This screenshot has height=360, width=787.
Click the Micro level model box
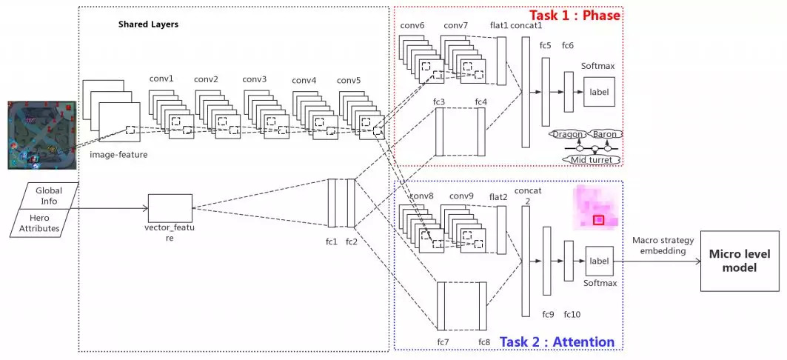point(740,260)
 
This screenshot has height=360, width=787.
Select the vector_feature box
point(170,209)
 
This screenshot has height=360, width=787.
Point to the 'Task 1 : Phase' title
point(574,15)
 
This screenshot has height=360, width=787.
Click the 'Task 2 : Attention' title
point(557,341)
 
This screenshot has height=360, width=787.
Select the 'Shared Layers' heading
point(148,24)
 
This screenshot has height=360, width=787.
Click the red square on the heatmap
point(598,219)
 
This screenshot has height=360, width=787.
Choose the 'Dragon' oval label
point(569,134)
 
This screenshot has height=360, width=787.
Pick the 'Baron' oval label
point(605,134)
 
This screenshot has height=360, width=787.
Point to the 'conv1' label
point(161,79)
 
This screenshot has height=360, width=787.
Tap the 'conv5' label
point(349,80)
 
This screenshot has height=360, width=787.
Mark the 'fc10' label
point(572,315)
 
